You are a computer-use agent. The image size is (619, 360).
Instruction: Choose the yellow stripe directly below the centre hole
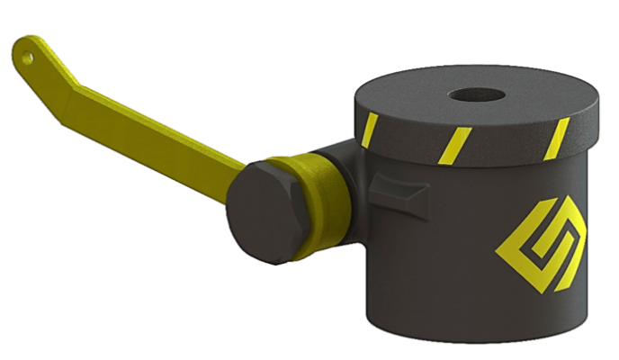click(x=457, y=142)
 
